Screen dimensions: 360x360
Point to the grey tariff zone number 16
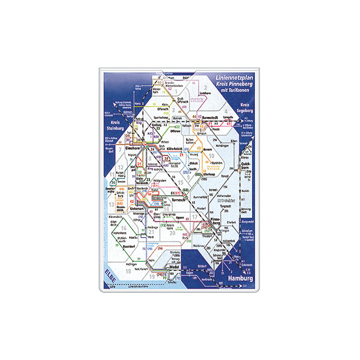pyautogui.click(x=122, y=229)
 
